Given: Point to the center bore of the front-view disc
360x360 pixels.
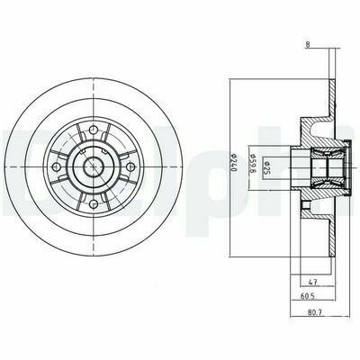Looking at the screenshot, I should point(94,166).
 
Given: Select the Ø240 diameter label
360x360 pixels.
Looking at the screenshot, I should point(230,166).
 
